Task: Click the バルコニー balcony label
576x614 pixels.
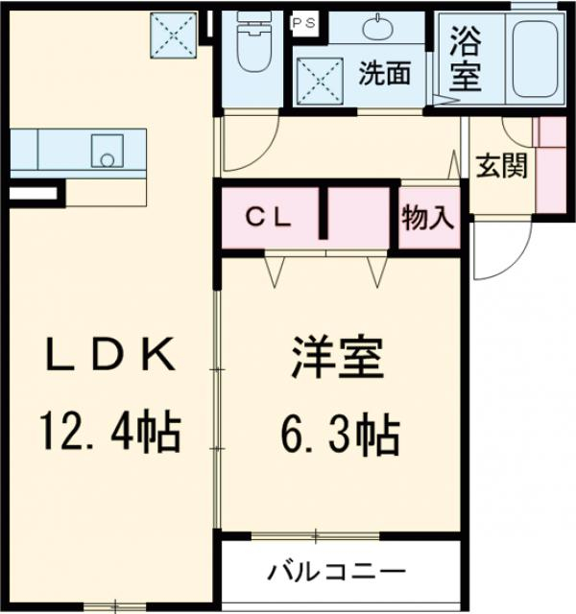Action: pyautogui.click(x=335, y=572)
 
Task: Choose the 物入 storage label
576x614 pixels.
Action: pyautogui.click(x=427, y=218)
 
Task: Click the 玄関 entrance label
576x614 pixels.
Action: pyautogui.click(x=500, y=166)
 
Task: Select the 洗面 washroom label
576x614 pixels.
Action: pyautogui.click(x=385, y=74)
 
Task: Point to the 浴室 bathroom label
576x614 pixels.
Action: pyautogui.click(x=465, y=60)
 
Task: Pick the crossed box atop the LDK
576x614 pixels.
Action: pyautogui.click(x=175, y=35)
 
